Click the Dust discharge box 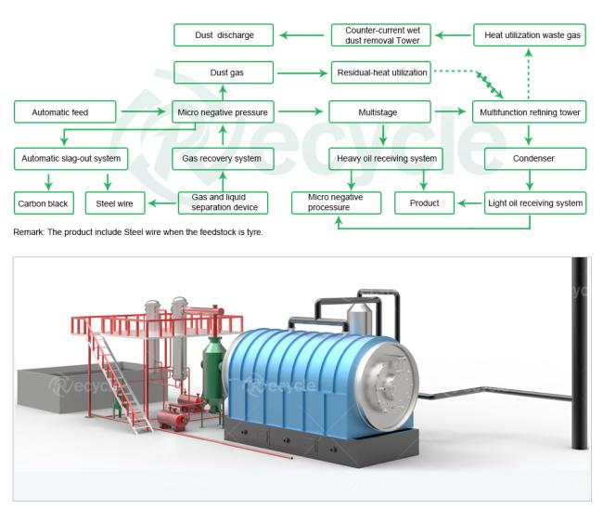point(224,35)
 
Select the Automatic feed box point(65,112)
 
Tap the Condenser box point(535,159)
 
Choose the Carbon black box point(44,203)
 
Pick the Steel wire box point(115,203)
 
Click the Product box point(424,202)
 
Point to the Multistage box point(379,112)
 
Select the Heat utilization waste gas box point(530,35)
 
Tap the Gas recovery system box point(223,159)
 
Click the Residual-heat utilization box point(380,72)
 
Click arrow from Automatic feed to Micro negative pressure point(143,111)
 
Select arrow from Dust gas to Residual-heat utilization point(302,73)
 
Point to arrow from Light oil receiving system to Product point(468,203)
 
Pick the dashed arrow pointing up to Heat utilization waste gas point(529,73)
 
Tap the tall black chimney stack point(580,353)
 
